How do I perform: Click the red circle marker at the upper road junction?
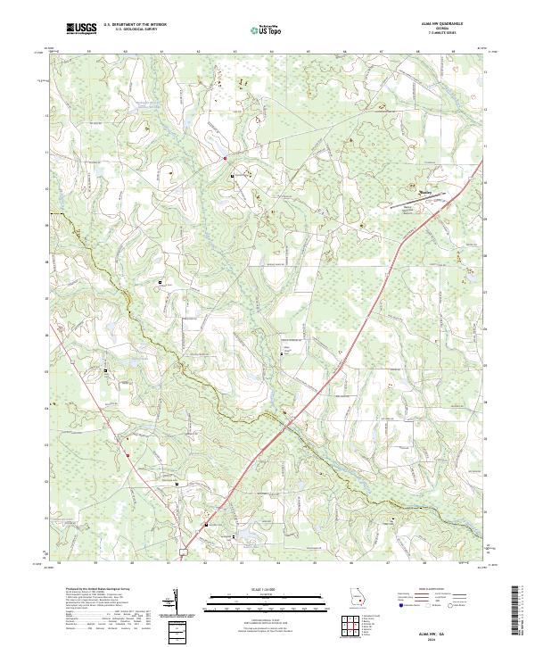click(225, 159)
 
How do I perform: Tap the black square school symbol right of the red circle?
click(234, 177)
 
